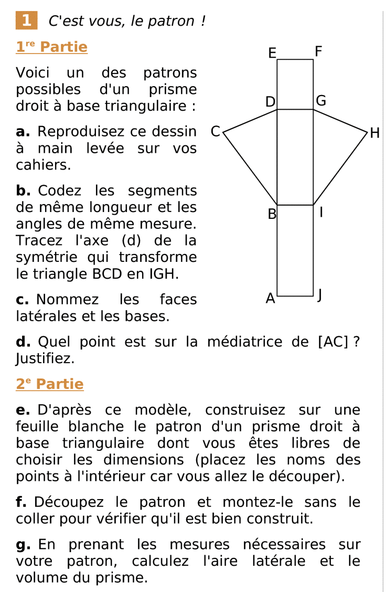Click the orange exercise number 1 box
click(26, 20)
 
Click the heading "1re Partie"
click(51, 47)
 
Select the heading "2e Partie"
click(49, 384)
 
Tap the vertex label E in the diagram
click(272, 53)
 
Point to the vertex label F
click(318, 52)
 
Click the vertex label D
click(270, 102)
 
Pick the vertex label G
click(321, 101)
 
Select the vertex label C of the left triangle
click(215, 132)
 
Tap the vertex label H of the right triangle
click(374, 133)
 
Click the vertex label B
click(272, 214)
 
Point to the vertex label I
click(321, 213)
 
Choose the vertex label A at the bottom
click(270, 299)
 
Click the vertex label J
click(319, 297)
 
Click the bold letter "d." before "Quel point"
click(24, 342)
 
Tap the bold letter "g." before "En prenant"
click(24, 545)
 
